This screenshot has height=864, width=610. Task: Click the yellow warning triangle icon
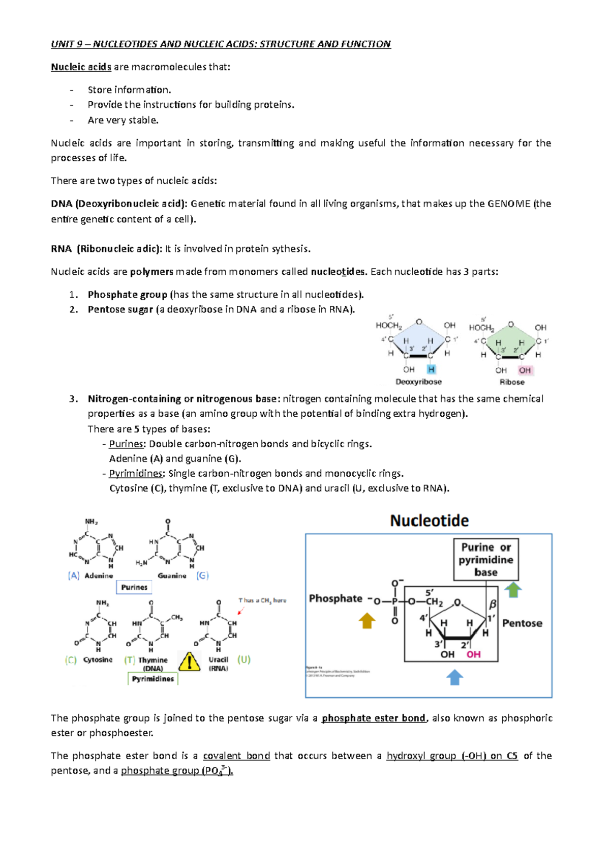click(189, 662)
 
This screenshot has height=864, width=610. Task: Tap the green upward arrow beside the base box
click(513, 590)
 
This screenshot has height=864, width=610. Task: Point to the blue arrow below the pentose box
click(454, 677)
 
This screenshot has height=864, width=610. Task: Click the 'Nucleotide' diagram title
click(430, 521)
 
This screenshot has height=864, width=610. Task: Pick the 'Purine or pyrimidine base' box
click(486, 560)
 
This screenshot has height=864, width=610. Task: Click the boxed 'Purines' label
click(134, 587)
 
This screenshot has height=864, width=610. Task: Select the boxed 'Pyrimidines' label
click(153, 679)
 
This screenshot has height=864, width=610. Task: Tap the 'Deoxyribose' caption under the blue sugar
click(419, 382)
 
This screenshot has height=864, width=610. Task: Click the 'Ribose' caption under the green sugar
click(512, 382)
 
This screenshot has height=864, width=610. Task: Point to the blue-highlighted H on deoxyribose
click(431, 369)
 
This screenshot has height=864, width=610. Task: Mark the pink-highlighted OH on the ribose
click(525, 370)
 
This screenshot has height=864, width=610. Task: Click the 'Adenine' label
click(99, 575)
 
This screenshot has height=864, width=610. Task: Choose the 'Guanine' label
click(172, 575)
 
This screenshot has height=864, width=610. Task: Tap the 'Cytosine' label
click(98, 659)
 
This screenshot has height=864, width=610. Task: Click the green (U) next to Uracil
click(244, 659)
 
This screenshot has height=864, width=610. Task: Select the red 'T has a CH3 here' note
click(262, 600)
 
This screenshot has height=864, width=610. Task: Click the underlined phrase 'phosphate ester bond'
click(374, 718)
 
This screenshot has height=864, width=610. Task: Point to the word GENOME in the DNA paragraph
click(509, 204)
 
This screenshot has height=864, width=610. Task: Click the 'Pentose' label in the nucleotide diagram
click(522, 623)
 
